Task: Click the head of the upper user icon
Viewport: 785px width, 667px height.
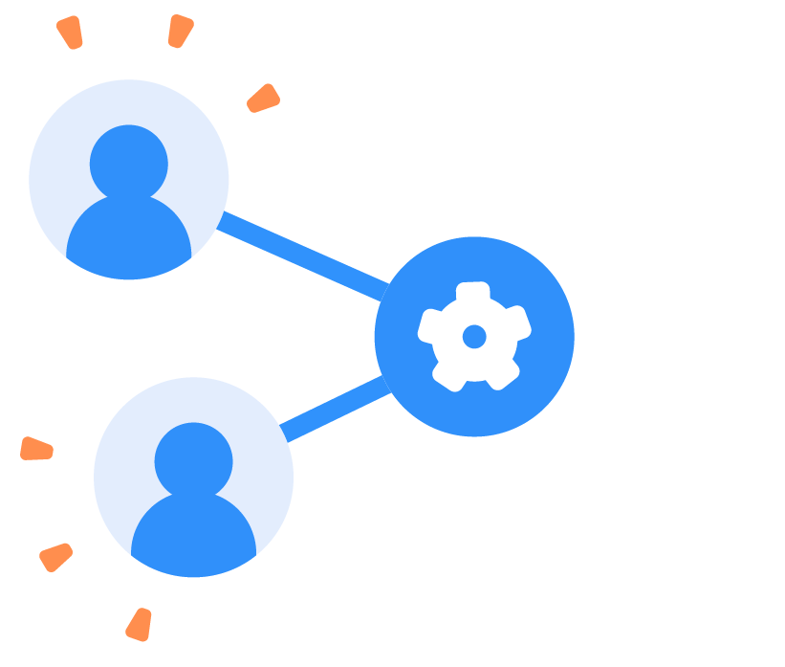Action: [x=129, y=164]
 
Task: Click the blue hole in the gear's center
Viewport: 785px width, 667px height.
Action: [x=474, y=336]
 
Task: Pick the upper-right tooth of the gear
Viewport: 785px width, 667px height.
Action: [x=515, y=322]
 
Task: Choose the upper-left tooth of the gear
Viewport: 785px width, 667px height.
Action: [x=432, y=324]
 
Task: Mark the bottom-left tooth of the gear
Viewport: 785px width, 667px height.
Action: [x=448, y=374]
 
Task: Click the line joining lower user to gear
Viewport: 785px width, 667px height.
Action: [x=334, y=410]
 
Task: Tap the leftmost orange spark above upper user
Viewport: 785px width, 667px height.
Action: [x=70, y=32]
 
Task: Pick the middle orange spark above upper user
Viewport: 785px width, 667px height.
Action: [x=180, y=30]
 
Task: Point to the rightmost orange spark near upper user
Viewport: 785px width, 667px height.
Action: [x=263, y=99]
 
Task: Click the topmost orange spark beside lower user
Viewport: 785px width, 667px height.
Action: [x=36, y=449]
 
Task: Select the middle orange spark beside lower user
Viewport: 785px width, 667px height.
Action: [x=55, y=556]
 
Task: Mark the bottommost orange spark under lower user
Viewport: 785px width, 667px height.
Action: [x=140, y=624]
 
